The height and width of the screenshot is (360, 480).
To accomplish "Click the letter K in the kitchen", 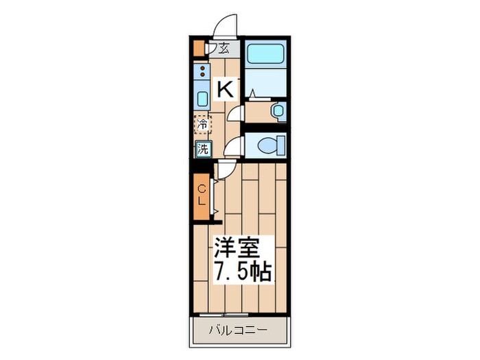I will pyautogui.click(x=226, y=89).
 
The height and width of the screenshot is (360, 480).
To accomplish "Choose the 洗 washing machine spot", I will pyautogui.click(x=203, y=148).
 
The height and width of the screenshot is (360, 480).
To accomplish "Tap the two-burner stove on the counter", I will pyautogui.click(x=202, y=71).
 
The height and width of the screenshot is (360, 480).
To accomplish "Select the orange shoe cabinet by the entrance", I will pyautogui.click(x=199, y=49).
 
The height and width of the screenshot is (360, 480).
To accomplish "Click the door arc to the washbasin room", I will pyautogui.click(x=236, y=113).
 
